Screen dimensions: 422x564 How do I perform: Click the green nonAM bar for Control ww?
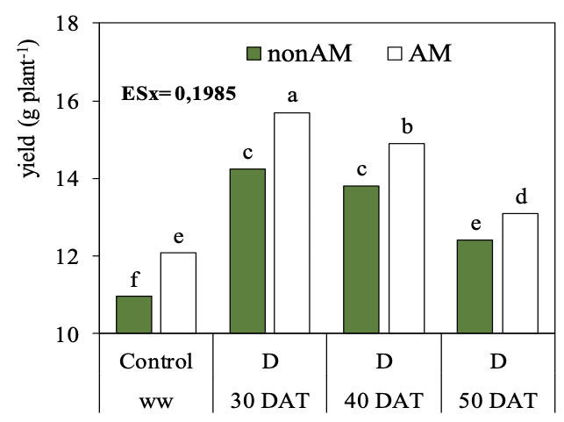[x=134, y=315]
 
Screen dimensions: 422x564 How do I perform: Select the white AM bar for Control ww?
[x=178, y=293]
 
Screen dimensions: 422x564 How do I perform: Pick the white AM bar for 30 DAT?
[x=291, y=223]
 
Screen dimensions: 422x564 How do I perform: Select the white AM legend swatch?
[x=394, y=54]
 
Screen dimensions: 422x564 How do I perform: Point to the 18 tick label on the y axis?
[x=77, y=25]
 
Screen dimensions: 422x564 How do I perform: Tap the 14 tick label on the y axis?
[x=77, y=179]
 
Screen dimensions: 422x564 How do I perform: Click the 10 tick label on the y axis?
[x=77, y=334]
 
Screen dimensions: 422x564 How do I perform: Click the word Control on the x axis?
[x=156, y=361]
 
